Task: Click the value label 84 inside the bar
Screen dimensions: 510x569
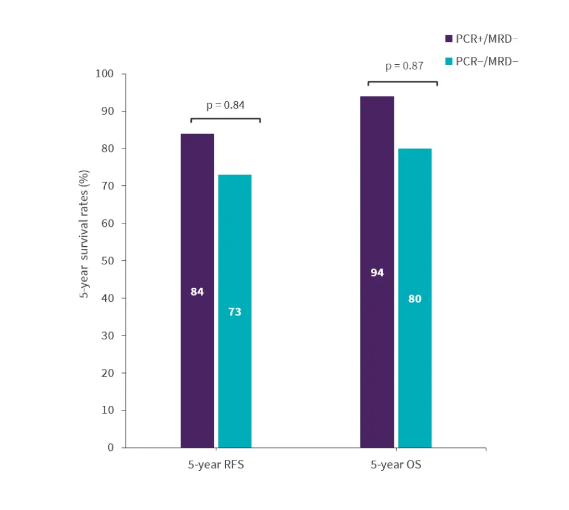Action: coord(197,292)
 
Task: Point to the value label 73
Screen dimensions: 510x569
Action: coord(234,312)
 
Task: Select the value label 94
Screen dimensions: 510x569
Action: coord(377,273)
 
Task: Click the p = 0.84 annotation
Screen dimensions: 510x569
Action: coord(225,105)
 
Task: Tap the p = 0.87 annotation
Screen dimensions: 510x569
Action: coord(404,66)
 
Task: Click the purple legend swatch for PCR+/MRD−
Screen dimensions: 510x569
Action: coord(448,39)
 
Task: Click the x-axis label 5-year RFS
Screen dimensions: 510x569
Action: coord(216,465)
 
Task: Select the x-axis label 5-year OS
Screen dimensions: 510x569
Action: coord(396,465)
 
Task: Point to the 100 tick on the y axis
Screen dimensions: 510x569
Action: coord(106,74)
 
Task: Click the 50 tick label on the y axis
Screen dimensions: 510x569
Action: coord(108,261)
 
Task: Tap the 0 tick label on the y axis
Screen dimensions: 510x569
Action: coord(111,448)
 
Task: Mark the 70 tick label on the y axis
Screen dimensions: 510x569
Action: coord(108,186)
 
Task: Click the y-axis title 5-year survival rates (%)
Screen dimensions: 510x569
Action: coord(84,234)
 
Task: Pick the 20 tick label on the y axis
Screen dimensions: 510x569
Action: coord(108,373)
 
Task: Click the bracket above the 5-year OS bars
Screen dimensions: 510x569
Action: coord(402,82)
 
